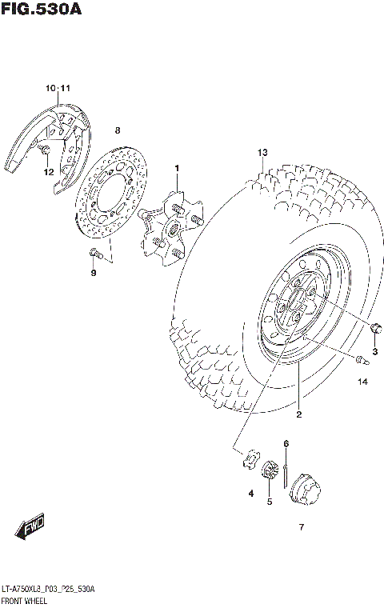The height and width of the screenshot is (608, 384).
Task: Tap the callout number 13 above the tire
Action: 261,153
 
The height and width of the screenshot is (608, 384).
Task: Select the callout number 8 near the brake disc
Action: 117,130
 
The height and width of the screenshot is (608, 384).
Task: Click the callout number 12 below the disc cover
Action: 48,171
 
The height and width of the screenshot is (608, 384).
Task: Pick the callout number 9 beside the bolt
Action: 93,273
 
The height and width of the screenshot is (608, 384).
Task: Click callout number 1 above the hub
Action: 178,167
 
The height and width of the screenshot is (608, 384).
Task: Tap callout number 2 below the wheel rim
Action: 298,414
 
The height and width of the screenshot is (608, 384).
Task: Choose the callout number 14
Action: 362,382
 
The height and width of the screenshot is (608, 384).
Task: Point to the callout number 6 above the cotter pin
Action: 285,444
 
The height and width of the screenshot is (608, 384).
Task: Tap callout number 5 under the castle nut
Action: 270,502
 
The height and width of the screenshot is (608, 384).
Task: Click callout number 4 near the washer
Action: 250,494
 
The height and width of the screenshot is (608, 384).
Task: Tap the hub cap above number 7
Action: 305,487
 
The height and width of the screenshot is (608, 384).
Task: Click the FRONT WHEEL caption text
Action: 26,599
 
